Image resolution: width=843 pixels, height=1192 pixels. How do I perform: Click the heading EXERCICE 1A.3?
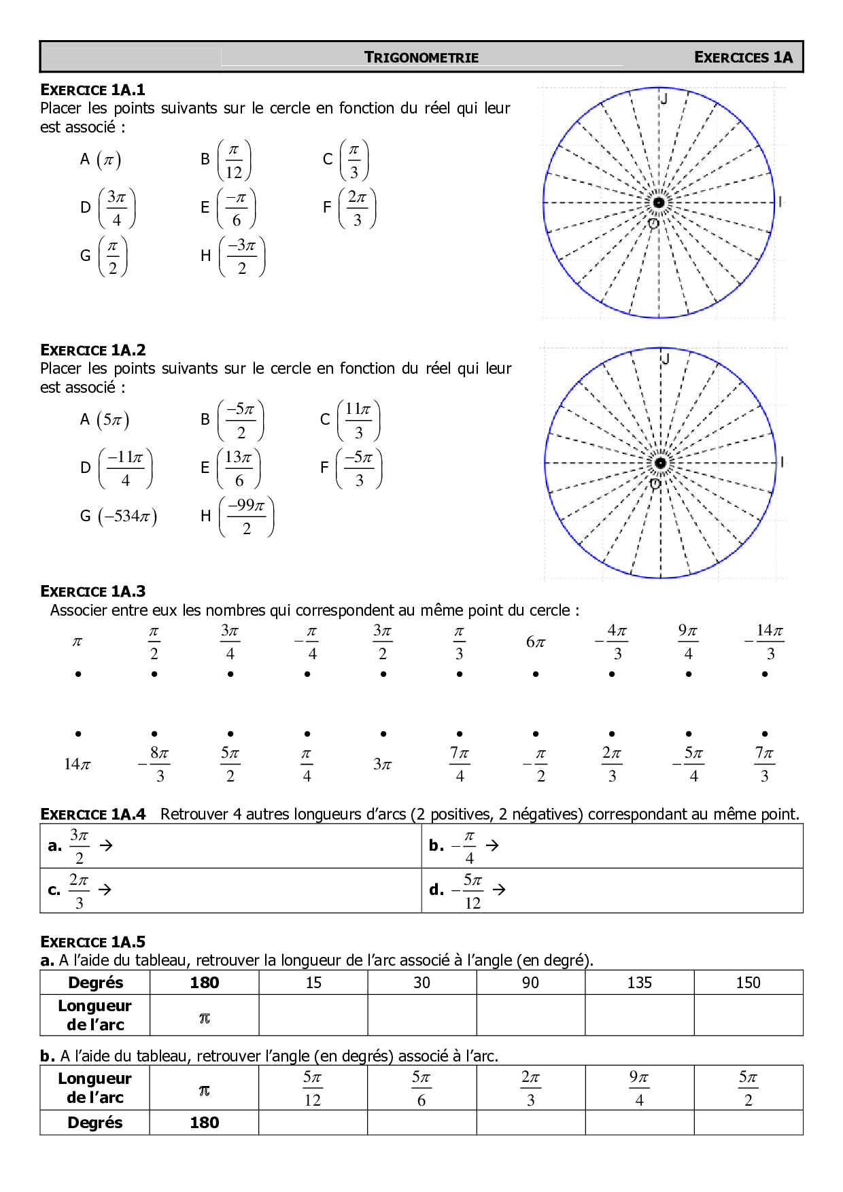tap(93, 591)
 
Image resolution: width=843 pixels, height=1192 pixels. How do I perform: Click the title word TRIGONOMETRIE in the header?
tap(421, 58)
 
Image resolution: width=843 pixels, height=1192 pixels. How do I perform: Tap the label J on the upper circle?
tap(664, 99)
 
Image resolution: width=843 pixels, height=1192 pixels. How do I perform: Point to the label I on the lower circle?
tap(782, 462)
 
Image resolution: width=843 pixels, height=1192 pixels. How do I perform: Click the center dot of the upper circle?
tap(659, 203)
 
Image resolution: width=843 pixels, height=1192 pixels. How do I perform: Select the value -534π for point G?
tap(127, 516)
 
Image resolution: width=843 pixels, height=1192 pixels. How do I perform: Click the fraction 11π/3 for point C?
tap(358, 421)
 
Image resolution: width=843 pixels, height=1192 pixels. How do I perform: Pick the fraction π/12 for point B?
tap(234, 160)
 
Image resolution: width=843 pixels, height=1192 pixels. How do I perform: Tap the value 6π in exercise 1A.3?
tap(536, 642)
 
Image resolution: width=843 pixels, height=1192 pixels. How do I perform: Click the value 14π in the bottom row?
tap(78, 765)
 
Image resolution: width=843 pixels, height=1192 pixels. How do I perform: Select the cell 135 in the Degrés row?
tap(639, 983)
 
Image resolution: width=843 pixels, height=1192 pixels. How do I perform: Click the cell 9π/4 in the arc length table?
tap(639, 1088)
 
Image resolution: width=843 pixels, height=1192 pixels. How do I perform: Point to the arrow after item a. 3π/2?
tap(106, 845)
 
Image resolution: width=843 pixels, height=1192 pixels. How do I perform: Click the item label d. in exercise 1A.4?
tap(436, 890)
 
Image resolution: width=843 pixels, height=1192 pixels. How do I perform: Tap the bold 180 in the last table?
tap(204, 1123)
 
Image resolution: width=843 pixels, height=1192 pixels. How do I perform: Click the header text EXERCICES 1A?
tap(743, 58)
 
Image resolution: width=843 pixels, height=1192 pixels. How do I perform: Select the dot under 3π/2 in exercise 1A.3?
tap(383, 674)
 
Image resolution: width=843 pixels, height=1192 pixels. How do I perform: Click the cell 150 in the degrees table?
tap(748, 983)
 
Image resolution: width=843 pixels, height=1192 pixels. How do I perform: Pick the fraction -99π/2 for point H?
tap(246, 516)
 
